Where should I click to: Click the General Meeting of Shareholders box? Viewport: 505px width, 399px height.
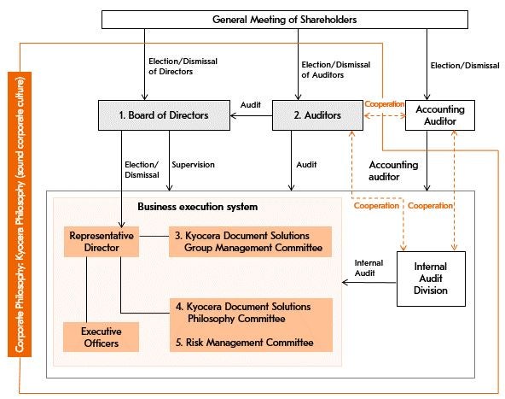pyautogui.click(x=285, y=20)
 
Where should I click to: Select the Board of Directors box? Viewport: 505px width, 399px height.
pyautogui.click(x=164, y=115)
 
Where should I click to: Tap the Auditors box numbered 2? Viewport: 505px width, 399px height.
pyautogui.click(x=317, y=115)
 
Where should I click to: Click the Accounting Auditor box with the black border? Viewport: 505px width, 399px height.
pyautogui.click(x=440, y=115)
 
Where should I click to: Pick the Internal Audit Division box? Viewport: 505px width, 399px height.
pyautogui.click(x=431, y=279)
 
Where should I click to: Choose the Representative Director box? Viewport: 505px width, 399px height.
pyautogui.click(x=102, y=242)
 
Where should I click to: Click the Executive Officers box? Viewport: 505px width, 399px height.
pyautogui.click(x=102, y=337)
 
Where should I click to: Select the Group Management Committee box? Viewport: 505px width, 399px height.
pyautogui.click(x=250, y=242)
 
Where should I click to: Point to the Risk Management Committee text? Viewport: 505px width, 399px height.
pyautogui.click(x=245, y=343)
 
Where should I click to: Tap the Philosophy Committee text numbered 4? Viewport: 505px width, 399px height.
pyautogui.click(x=243, y=313)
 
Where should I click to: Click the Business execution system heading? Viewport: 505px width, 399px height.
pyautogui.click(x=198, y=207)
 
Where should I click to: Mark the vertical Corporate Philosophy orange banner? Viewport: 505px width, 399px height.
pyautogui.click(x=20, y=214)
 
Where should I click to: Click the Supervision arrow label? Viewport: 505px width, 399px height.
pyautogui.click(x=194, y=165)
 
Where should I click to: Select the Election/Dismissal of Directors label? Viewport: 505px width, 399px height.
pyautogui.click(x=183, y=67)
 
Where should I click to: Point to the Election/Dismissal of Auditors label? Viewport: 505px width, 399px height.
pyautogui.click(x=336, y=70)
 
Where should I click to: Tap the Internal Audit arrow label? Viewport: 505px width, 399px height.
pyautogui.click(x=369, y=268)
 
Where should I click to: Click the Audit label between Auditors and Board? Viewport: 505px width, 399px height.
pyautogui.click(x=251, y=105)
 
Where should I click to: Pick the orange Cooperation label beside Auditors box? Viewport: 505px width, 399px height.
pyautogui.click(x=384, y=104)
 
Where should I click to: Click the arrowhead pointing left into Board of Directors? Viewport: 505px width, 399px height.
pyautogui.click(x=234, y=115)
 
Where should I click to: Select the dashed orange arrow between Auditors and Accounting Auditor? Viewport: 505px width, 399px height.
pyautogui.click(x=385, y=115)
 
